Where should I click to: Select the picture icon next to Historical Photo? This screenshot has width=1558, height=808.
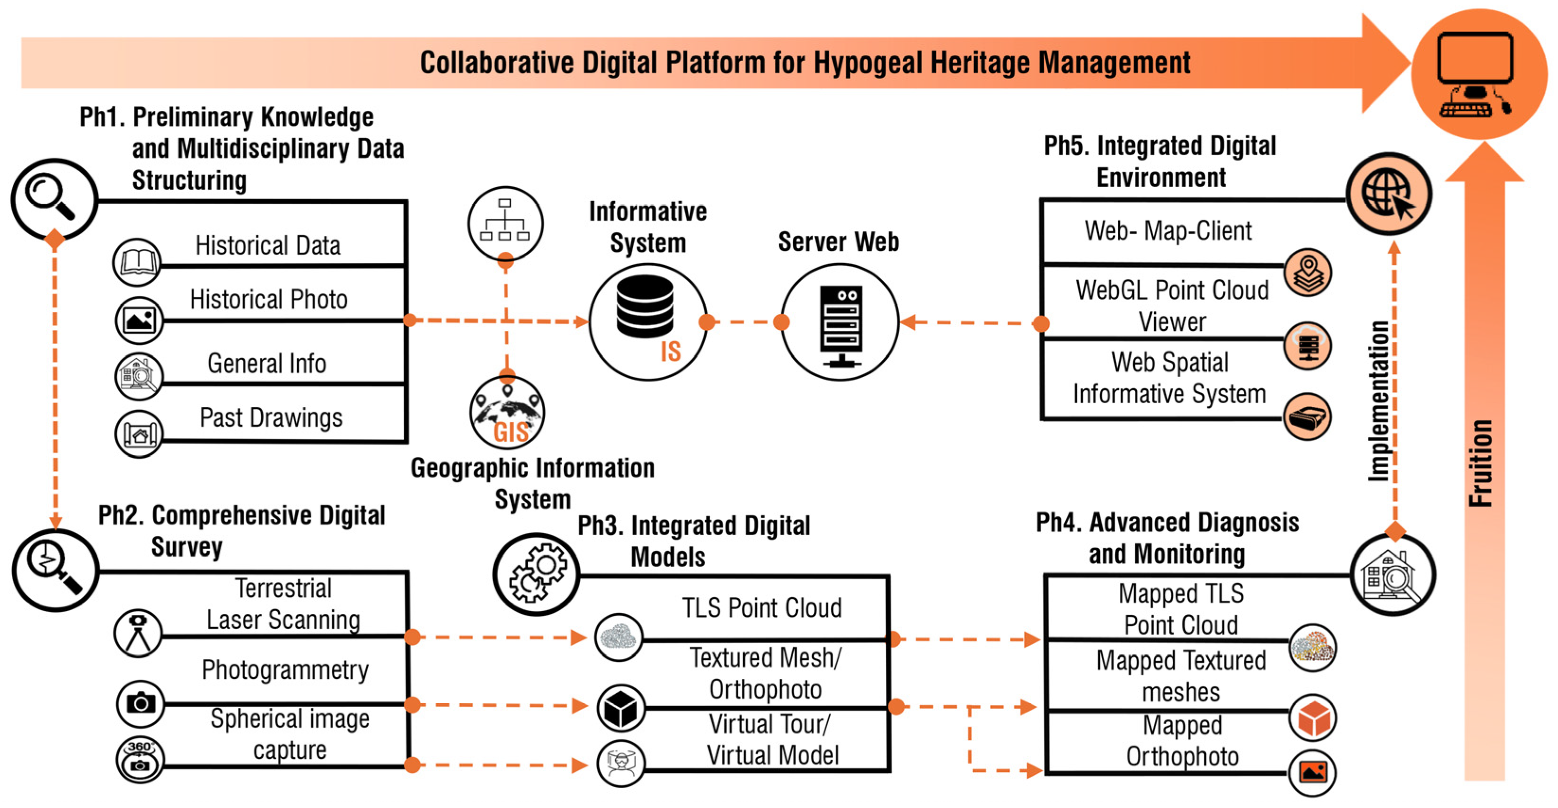[139, 320]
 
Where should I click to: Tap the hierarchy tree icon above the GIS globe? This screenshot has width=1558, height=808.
[505, 222]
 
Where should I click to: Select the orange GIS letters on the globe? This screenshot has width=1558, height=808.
[511, 432]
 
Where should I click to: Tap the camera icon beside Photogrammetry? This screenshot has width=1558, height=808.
[140, 703]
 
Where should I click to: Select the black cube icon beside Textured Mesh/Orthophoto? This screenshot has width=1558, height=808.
[620, 708]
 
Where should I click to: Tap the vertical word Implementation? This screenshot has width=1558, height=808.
[1379, 401]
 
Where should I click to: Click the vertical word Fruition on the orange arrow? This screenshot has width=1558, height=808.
[1480, 462]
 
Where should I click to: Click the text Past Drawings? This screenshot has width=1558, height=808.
[271, 418]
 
